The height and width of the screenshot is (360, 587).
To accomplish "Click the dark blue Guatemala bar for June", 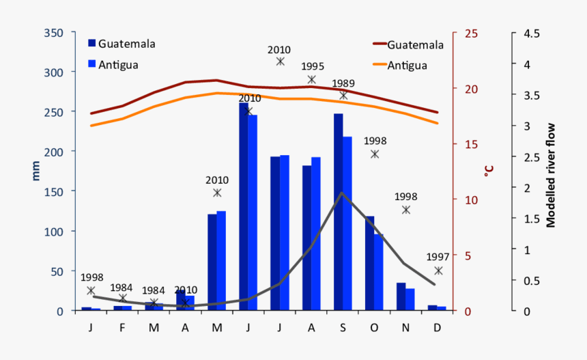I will click(x=243, y=205).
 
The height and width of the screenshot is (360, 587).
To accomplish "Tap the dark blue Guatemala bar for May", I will click(x=212, y=262).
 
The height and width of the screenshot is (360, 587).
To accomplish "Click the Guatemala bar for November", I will click(x=401, y=296).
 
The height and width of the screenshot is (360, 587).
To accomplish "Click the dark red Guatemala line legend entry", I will click(x=408, y=44).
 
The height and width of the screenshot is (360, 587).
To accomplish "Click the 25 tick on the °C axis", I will click(x=471, y=33).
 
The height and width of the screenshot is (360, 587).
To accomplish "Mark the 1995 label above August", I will click(x=312, y=67).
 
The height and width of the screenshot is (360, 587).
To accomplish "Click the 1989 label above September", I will click(x=343, y=83).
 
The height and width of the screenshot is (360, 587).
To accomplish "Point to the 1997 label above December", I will click(x=438, y=257).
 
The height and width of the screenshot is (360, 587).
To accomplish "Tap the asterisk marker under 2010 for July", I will click(x=280, y=61).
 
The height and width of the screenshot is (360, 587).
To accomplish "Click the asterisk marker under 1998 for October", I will click(x=375, y=154).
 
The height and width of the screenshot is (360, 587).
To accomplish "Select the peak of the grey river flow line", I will click(x=342, y=193).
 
